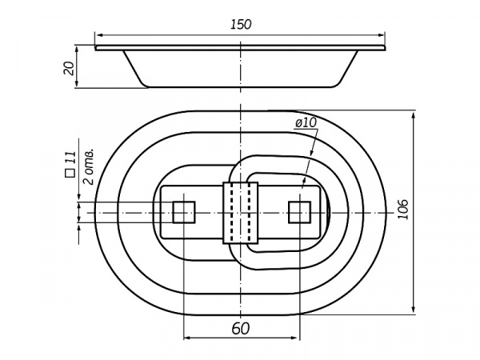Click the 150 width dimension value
tap(241, 25)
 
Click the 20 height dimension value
tap(69, 68)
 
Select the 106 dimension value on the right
tap(403, 210)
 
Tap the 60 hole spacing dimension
tap(241, 329)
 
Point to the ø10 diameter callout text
tap(306, 123)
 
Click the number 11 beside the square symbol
tap(70, 157)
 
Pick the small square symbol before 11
tap(70, 173)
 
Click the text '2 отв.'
tap(89, 167)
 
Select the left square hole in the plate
tap(184, 212)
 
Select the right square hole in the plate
tap(300, 212)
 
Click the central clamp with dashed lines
tap(241, 213)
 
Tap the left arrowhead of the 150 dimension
tap(98, 35)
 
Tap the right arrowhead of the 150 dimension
tap(381, 35)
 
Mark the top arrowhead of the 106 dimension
tap(414, 118)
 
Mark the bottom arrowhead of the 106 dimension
tap(414, 308)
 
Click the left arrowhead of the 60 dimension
tap(187, 338)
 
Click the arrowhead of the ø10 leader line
tap(303, 184)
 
